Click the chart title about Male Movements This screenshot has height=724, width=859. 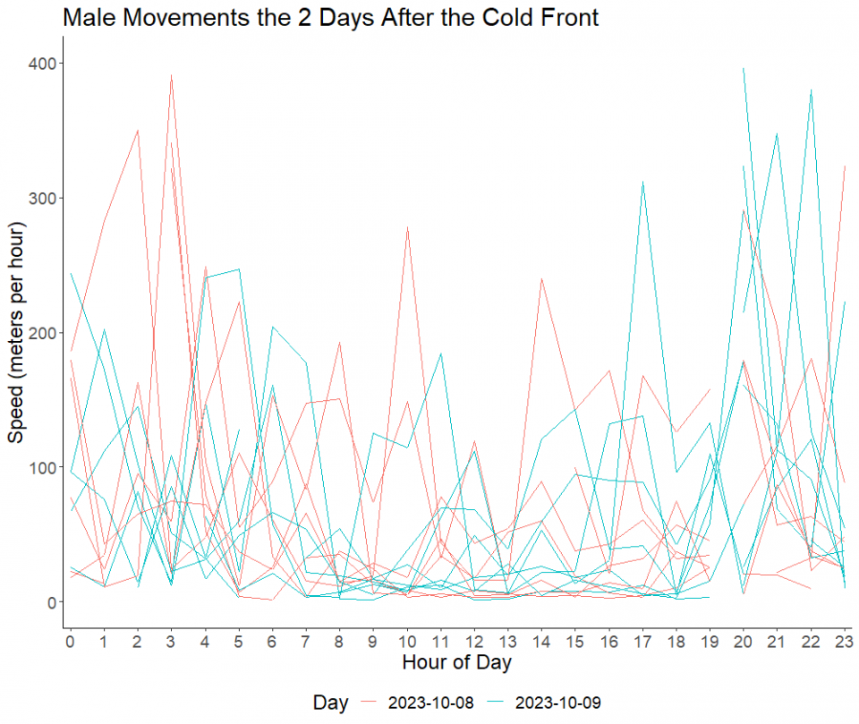(331, 17)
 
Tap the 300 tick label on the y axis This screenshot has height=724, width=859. (42, 198)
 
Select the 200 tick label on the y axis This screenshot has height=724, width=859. (42, 332)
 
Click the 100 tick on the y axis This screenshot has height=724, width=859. (42, 467)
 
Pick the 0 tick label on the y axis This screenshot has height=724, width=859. (52, 601)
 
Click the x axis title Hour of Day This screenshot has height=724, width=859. (456, 663)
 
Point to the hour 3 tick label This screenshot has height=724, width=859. (171, 640)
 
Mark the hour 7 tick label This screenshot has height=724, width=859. (306, 640)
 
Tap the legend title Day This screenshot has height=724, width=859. (330, 703)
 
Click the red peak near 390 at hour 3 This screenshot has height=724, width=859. (171, 77)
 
